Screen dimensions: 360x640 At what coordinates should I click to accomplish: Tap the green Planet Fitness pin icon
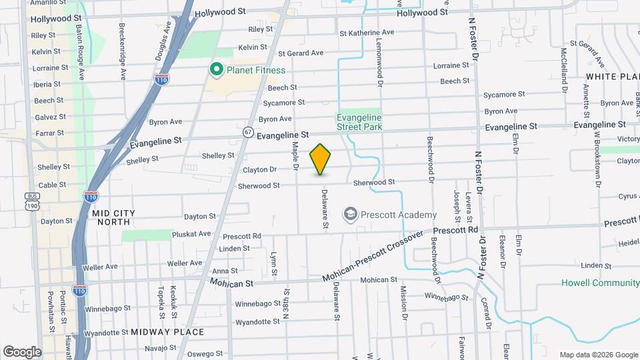tap(216, 69)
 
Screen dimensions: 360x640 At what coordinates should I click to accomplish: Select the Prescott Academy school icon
tap(350, 214)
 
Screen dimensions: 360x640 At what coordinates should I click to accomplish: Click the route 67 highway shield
tap(248, 132)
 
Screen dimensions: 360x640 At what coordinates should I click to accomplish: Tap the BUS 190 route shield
tap(31, 201)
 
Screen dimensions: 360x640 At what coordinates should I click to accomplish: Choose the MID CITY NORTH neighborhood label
tap(113, 217)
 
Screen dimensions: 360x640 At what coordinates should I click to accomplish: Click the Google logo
tap(22, 351)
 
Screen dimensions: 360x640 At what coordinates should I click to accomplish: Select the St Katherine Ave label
tap(367, 32)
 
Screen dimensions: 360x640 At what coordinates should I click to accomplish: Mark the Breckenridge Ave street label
tap(123, 52)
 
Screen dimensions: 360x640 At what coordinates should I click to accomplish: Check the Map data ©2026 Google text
tap(598, 355)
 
